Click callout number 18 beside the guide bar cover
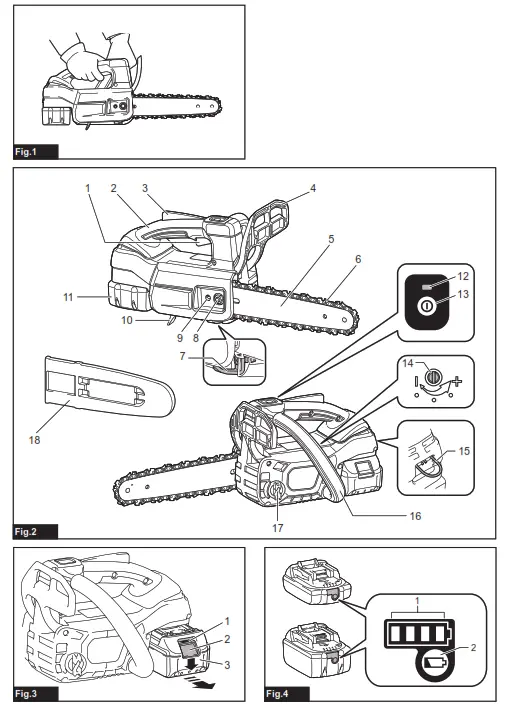coord(34,440)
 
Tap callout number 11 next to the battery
coord(68,297)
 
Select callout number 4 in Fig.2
coord(313,188)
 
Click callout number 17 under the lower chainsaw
coord(278,528)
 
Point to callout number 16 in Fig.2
coord(415,516)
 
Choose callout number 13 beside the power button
coord(463,294)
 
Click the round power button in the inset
coord(425,306)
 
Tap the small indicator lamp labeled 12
coord(427,287)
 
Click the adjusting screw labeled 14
coord(432,377)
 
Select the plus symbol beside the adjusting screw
coord(456,380)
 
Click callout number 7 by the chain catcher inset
coord(183,356)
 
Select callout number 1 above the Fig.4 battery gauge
coord(417,600)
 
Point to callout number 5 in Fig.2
coord(331,239)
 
